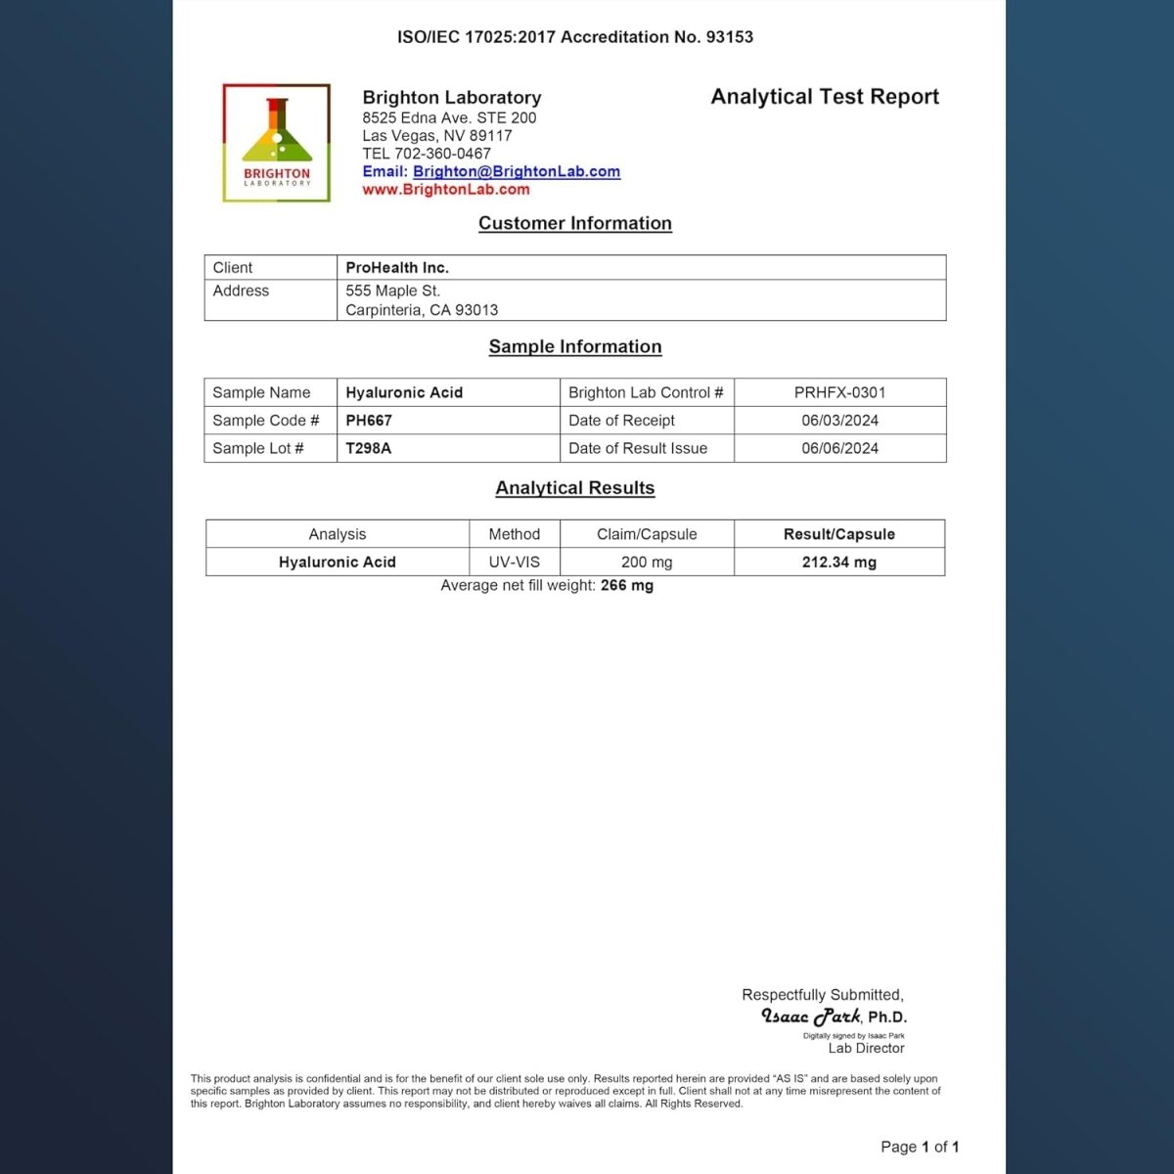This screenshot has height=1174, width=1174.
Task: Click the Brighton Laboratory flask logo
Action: point(277,143)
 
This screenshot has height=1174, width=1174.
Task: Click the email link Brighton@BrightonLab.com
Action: point(516,171)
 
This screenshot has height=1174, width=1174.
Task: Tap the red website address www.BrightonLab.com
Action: point(446,190)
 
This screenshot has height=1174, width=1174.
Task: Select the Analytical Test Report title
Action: point(825,97)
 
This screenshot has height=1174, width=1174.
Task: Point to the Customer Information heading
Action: point(575,223)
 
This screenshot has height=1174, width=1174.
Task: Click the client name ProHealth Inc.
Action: point(397,267)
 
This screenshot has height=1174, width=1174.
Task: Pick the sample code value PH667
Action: point(369,421)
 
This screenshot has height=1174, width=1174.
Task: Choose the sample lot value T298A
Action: point(369,448)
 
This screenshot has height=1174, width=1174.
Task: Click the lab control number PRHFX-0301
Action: point(839,392)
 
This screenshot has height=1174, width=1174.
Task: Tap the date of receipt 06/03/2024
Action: point(839,421)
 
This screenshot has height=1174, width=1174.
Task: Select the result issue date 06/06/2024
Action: point(839,448)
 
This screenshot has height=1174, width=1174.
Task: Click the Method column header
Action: point(515,534)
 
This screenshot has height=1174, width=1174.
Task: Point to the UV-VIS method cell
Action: point(515,563)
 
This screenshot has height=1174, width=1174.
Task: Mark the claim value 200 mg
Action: point(647,563)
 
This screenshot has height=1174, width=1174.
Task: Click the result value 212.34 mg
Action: point(839,563)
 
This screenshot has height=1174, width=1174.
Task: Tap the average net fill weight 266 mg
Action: point(627,585)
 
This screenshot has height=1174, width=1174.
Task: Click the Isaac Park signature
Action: point(811,1016)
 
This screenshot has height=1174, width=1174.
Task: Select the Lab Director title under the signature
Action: point(866,1048)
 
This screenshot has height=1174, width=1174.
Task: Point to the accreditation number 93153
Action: point(730,37)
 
